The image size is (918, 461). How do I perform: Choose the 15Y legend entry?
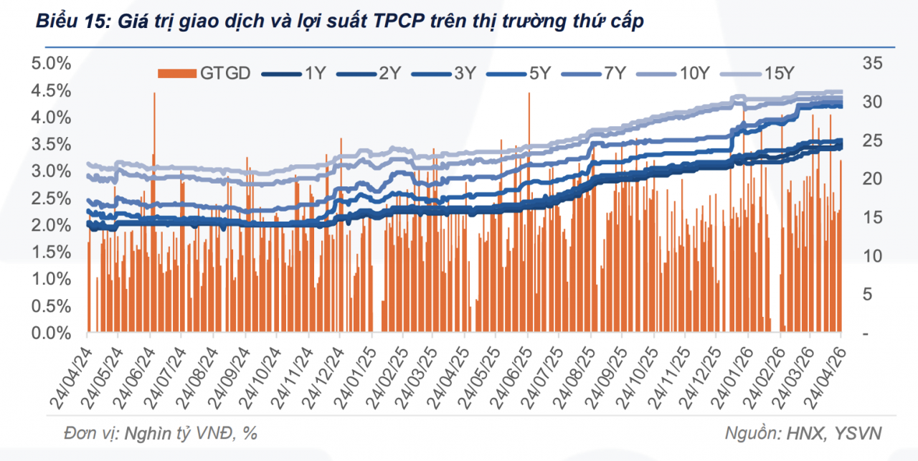[x=778, y=72]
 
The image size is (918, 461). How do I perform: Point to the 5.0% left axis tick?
[x=51, y=63]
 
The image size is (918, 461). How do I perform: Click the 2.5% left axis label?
[x=51, y=198]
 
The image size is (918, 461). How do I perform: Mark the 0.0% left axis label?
[x=51, y=333]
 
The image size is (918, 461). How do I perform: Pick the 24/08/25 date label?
[x=573, y=374]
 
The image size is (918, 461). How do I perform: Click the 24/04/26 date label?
[x=823, y=374]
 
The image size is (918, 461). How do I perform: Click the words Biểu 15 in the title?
[x=64, y=23]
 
